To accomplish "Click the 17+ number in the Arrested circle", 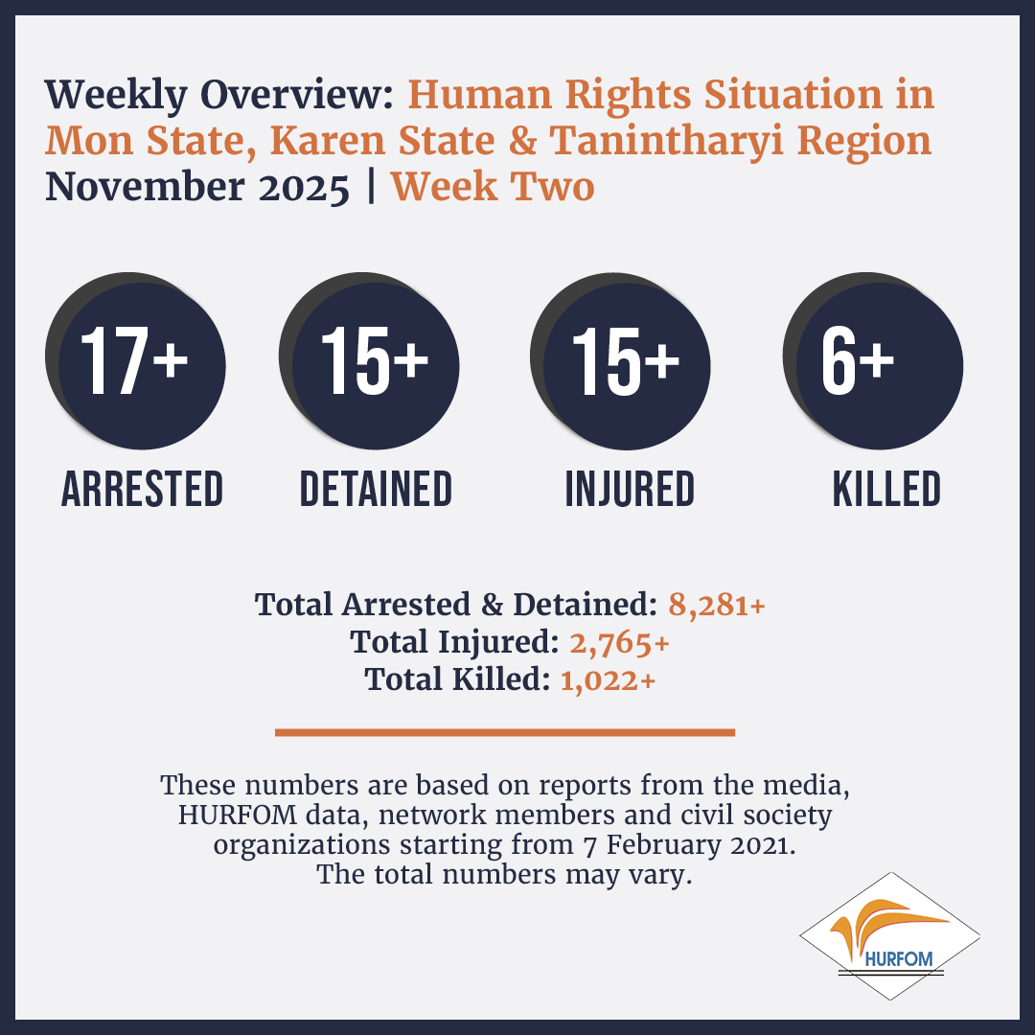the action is (134, 361).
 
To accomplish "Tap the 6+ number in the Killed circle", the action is (858, 361).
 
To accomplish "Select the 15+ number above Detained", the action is (375, 361).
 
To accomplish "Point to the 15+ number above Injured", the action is (625, 361).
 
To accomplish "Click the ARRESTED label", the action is (142, 489).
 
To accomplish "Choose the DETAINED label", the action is (376, 489).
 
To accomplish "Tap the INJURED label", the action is (630, 489).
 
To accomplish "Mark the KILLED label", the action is (886, 489).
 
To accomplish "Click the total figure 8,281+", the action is (717, 605).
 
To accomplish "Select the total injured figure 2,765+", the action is (620, 642).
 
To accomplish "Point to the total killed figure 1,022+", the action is (608, 679).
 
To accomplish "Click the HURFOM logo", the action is (889, 936).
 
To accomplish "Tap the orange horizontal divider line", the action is (505, 732).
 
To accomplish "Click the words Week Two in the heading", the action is (493, 187).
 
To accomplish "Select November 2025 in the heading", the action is (197, 187).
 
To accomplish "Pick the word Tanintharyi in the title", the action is (667, 141).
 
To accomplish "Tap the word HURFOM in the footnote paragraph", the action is (238, 816).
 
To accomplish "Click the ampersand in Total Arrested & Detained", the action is (492, 605).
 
